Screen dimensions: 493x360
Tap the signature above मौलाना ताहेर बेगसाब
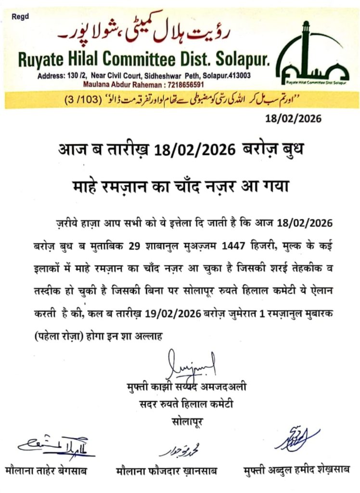(56, 445)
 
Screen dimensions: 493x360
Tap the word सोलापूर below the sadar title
(187, 421)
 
